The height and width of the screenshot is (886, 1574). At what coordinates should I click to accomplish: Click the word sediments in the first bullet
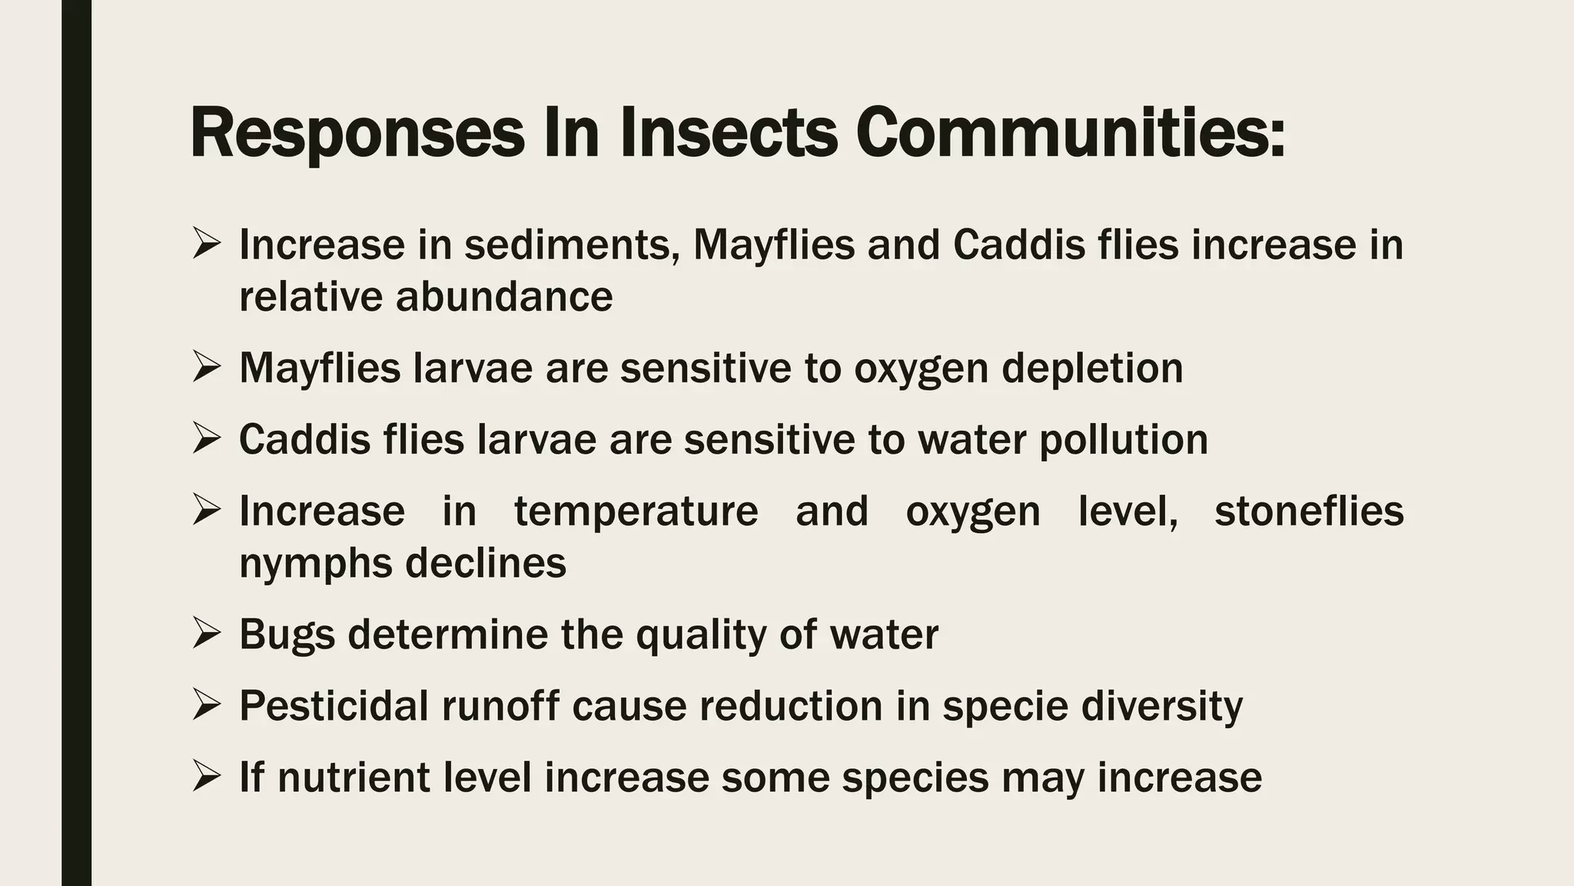(572, 245)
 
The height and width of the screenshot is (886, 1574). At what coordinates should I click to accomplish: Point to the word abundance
(503, 297)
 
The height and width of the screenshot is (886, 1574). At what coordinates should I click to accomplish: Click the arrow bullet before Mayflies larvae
(207, 367)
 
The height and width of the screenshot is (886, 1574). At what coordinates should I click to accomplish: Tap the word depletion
(1092, 368)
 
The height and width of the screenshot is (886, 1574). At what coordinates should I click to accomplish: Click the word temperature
(636, 511)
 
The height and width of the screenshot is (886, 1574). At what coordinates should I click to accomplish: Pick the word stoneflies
(1309, 511)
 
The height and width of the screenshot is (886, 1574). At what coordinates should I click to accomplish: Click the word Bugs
(287, 635)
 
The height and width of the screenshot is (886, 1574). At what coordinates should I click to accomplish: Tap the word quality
(701, 635)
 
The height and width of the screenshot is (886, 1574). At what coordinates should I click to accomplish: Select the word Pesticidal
(334, 706)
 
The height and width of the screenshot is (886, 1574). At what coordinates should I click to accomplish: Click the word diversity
(1161, 706)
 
